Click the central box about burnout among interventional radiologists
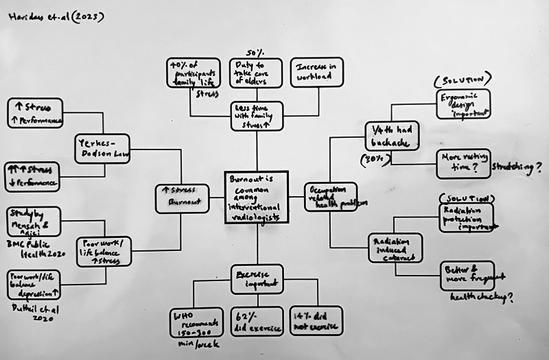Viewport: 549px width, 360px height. (256, 196)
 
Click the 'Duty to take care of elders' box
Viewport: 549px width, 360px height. (255, 73)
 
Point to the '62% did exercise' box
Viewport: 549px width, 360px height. (256, 321)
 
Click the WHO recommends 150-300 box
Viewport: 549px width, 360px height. (196, 322)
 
